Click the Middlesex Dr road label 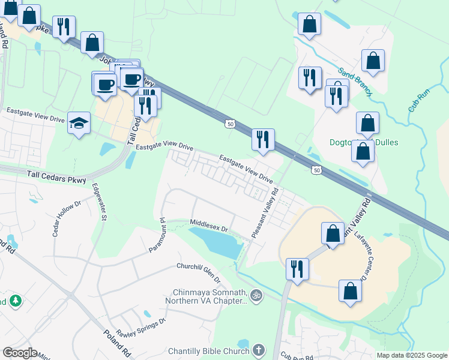click(x=209, y=225)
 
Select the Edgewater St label click(x=98, y=204)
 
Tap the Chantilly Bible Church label click(x=208, y=350)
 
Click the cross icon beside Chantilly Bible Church click(x=258, y=349)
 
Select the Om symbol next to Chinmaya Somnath click(x=257, y=295)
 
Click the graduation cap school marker click(x=79, y=122)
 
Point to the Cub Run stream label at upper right click(x=422, y=100)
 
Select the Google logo click(x=20, y=353)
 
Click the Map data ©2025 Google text click(x=411, y=355)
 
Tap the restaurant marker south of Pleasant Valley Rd click(x=297, y=268)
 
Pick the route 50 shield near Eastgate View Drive click(x=230, y=124)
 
